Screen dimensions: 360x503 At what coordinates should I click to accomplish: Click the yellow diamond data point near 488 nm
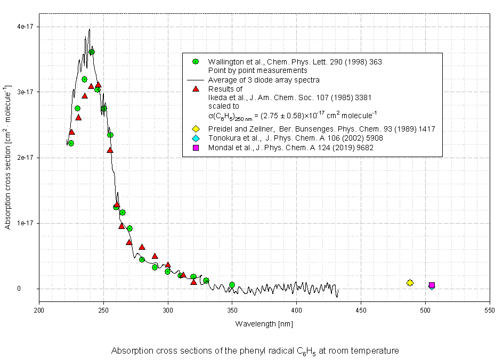coord(410,283)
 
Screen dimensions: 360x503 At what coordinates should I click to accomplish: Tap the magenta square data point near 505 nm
coord(432,285)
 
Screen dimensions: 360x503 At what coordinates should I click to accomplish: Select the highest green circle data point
coord(92,52)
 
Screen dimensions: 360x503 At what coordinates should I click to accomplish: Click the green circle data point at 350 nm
coord(232,285)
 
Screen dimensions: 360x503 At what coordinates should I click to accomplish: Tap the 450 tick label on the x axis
coord(361,309)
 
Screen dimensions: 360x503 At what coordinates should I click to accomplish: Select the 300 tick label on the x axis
coord(168,309)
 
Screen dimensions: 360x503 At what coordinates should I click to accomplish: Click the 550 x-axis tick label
coord(490,309)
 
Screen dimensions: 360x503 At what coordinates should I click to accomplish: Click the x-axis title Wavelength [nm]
coord(264,324)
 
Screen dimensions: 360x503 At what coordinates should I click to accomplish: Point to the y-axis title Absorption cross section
coord(8,157)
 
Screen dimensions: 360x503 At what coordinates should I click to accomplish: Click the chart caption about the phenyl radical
coord(255,351)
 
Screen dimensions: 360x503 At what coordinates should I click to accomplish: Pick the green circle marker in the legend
coord(196,62)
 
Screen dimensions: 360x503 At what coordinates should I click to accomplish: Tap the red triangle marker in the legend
coord(196,89)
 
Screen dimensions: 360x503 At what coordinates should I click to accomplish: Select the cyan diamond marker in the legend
coord(196,138)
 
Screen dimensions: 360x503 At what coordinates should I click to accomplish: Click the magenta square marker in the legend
coord(196,148)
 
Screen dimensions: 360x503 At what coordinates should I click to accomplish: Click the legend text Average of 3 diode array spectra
coord(264,80)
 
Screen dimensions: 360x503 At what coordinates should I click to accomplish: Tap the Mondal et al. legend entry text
coord(290,148)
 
